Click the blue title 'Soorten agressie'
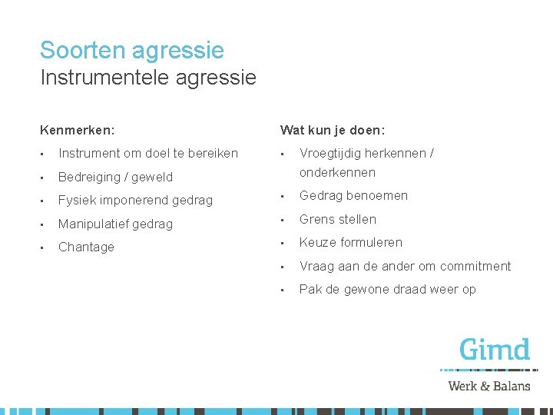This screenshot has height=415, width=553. coord(132,51)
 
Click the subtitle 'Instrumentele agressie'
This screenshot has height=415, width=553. coord(148,78)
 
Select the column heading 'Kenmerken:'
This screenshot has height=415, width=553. coord(83,131)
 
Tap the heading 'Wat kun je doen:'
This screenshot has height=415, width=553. coord(333,131)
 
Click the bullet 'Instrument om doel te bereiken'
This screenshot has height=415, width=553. coord(148,153)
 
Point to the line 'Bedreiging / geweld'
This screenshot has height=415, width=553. coord(115,177)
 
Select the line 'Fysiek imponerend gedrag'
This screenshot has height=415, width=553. coord(135,200)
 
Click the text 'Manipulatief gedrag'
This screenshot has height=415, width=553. coord(115,224)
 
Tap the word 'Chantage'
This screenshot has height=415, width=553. coord(86,247)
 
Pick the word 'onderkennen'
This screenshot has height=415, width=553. coord(337,172)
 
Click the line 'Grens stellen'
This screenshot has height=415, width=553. coord(338,219)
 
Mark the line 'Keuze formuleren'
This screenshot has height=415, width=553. coord(350,242)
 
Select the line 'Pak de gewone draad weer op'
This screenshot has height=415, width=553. coord(387,289)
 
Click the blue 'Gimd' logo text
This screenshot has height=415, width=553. coord(495,350)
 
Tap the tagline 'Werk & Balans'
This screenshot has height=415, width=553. coord(489,385)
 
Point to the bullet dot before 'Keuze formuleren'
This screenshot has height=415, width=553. coord(284,243)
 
